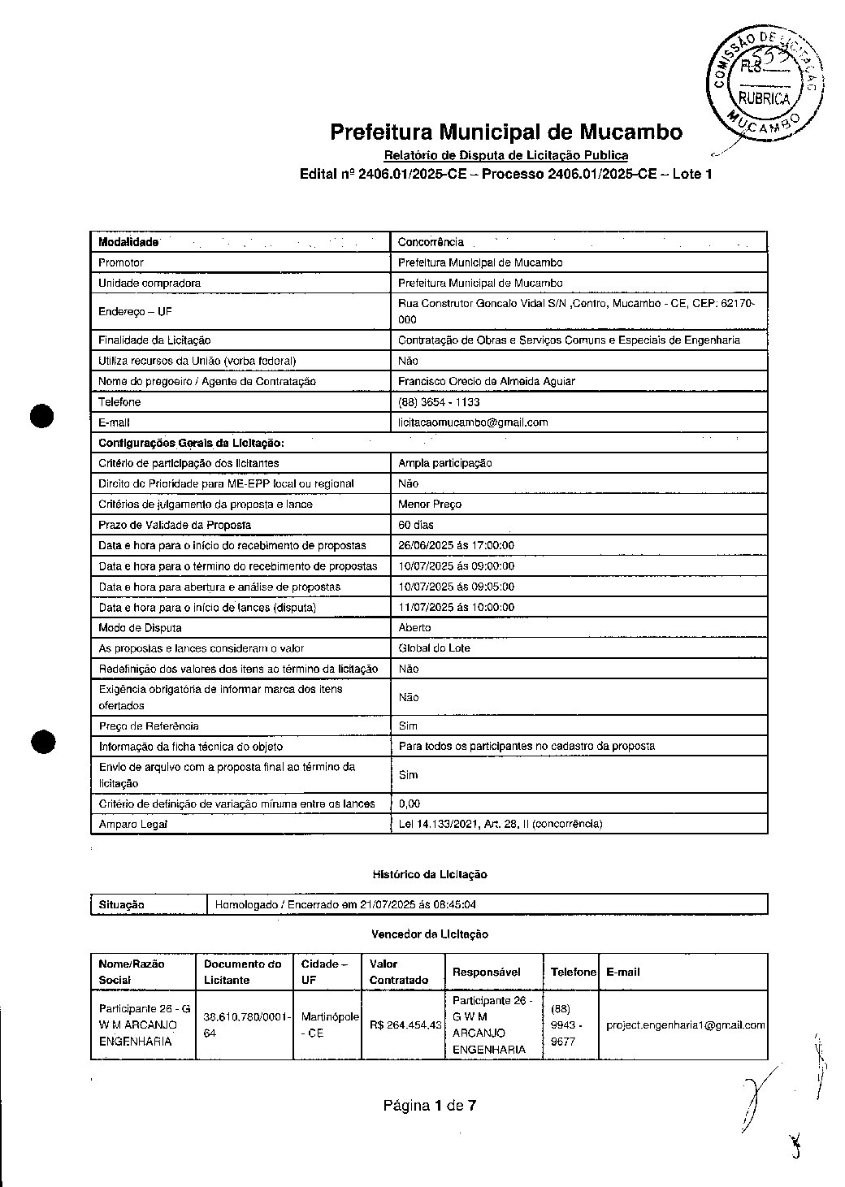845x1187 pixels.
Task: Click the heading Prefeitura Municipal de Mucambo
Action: (505, 132)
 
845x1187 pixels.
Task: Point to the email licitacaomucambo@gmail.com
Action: (473, 422)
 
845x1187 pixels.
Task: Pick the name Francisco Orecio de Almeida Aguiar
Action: (486, 381)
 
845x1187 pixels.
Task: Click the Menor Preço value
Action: (430, 505)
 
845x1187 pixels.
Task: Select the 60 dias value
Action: (416, 525)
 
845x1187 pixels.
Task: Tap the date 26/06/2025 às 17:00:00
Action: (456, 546)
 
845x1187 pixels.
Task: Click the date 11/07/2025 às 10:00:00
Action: (456, 608)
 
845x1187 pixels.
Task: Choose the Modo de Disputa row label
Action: (140, 628)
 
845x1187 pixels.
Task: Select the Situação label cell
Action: (121, 904)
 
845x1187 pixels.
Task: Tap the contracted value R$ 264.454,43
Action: (405, 1025)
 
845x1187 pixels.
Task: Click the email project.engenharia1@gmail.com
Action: (685, 1025)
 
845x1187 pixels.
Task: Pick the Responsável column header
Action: (486, 973)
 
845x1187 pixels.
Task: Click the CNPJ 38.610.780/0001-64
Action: (244, 1025)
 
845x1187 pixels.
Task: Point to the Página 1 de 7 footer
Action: (430, 1106)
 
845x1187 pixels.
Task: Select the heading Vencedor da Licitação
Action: (429, 935)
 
